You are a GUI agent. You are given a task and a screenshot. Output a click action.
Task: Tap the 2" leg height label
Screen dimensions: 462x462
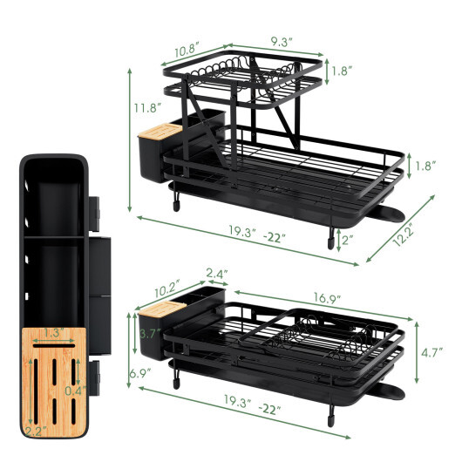tap(348, 240)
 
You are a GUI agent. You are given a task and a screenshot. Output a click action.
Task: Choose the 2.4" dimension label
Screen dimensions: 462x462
tap(217, 273)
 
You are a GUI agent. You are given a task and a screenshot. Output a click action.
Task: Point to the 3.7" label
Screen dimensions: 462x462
tap(147, 333)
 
